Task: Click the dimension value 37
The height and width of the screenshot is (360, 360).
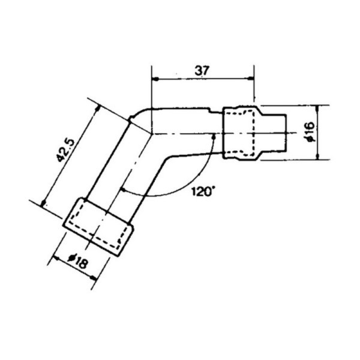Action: pyautogui.click(x=203, y=70)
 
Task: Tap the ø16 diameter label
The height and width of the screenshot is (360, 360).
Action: pyautogui.click(x=309, y=132)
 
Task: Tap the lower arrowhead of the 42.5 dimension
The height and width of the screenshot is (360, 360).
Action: pyautogui.click(x=45, y=203)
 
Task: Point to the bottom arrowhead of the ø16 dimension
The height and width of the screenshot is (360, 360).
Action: pyautogui.click(x=316, y=157)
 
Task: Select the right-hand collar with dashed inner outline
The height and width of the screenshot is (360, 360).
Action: pyautogui.click(x=241, y=133)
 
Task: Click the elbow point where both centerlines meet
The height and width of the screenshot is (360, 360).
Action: pyautogui.click(x=151, y=133)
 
